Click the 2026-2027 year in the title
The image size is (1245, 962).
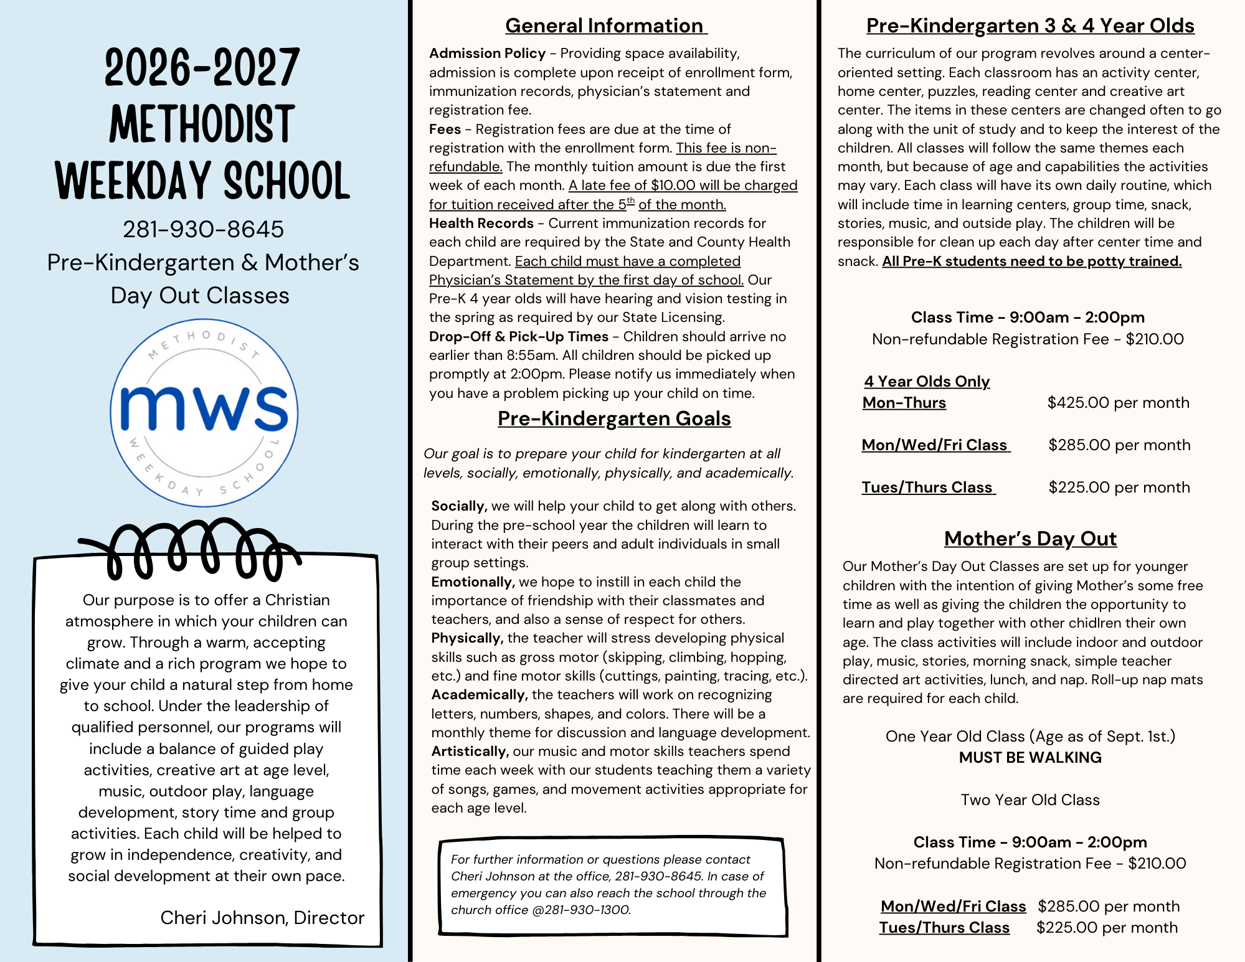202,68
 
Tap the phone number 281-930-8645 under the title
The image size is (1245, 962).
203,229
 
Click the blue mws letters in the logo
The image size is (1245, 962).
204,408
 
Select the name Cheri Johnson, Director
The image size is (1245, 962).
262,917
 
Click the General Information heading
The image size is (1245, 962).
605,26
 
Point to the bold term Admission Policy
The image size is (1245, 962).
487,54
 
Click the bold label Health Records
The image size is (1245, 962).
481,223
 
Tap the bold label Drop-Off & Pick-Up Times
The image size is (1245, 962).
518,336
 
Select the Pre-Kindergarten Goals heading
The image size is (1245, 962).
614,418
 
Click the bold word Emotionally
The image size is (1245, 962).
472,582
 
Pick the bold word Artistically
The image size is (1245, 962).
470,751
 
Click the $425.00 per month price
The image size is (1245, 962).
1118,402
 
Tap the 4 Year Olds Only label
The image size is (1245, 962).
927,381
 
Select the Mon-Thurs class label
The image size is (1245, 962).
904,402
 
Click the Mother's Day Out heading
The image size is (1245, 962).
1030,538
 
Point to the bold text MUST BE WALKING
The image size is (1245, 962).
1030,757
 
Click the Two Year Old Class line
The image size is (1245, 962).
1030,799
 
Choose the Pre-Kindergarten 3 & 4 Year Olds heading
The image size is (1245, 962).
1030,26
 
